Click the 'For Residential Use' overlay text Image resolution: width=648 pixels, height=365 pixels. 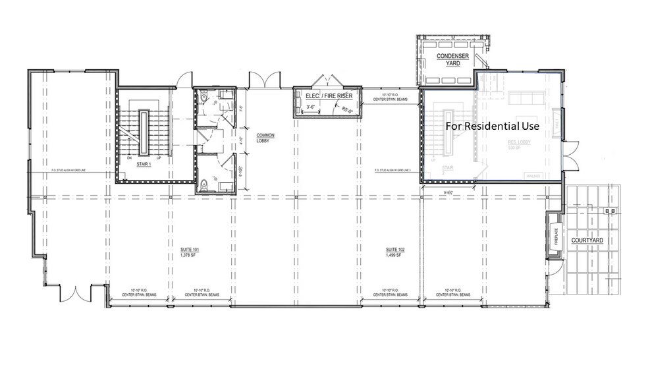pos(492,125)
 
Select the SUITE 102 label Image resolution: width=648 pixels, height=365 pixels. pos(395,250)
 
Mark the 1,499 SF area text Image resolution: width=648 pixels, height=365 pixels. pos(395,255)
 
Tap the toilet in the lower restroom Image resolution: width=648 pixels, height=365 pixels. pos(205,184)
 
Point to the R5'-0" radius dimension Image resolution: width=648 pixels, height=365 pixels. pos(346,111)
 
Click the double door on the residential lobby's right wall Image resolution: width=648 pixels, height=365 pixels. pos(570,153)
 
